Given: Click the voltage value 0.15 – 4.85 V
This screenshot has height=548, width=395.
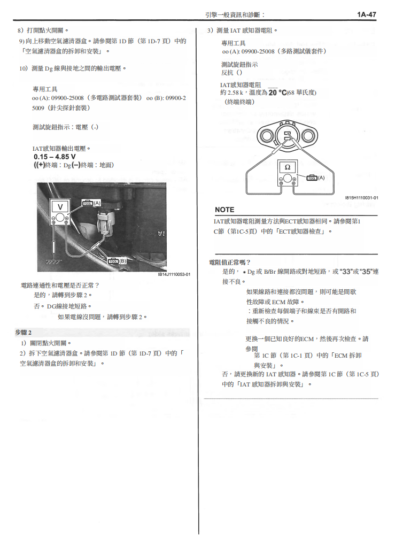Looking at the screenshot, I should [55, 157].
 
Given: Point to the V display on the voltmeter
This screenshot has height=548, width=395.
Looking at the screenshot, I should [60, 206].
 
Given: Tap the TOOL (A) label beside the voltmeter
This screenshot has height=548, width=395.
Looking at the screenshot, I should [91, 203].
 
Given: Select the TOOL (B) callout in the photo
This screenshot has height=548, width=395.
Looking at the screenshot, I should [118, 261].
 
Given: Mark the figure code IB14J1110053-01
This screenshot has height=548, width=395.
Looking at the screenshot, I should [174, 274].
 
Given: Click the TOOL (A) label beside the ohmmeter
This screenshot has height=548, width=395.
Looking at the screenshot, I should [316, 177].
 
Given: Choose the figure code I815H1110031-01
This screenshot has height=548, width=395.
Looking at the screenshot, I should [361, 198].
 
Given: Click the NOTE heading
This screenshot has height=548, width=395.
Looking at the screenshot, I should [224, 210].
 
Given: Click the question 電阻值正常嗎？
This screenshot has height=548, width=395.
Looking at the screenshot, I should [230, 262].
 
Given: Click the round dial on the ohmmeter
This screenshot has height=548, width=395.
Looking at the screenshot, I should [287, 179].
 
